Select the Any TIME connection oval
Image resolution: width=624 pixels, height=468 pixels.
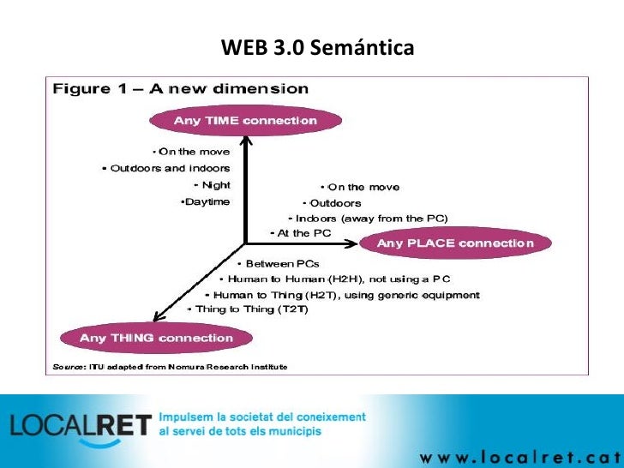pyautogui.click(x=245, y=121)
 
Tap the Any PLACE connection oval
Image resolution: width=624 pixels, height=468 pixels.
pyautogui.click(x=456, y=243)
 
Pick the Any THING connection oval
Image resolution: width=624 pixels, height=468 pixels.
pyautogui.click(x=156, y=338)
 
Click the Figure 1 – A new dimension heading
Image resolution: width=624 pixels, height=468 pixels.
pyautogui.click(x=181, y=89)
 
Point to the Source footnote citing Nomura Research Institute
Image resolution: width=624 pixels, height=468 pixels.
pyautogui.click(x=167, y=366)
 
